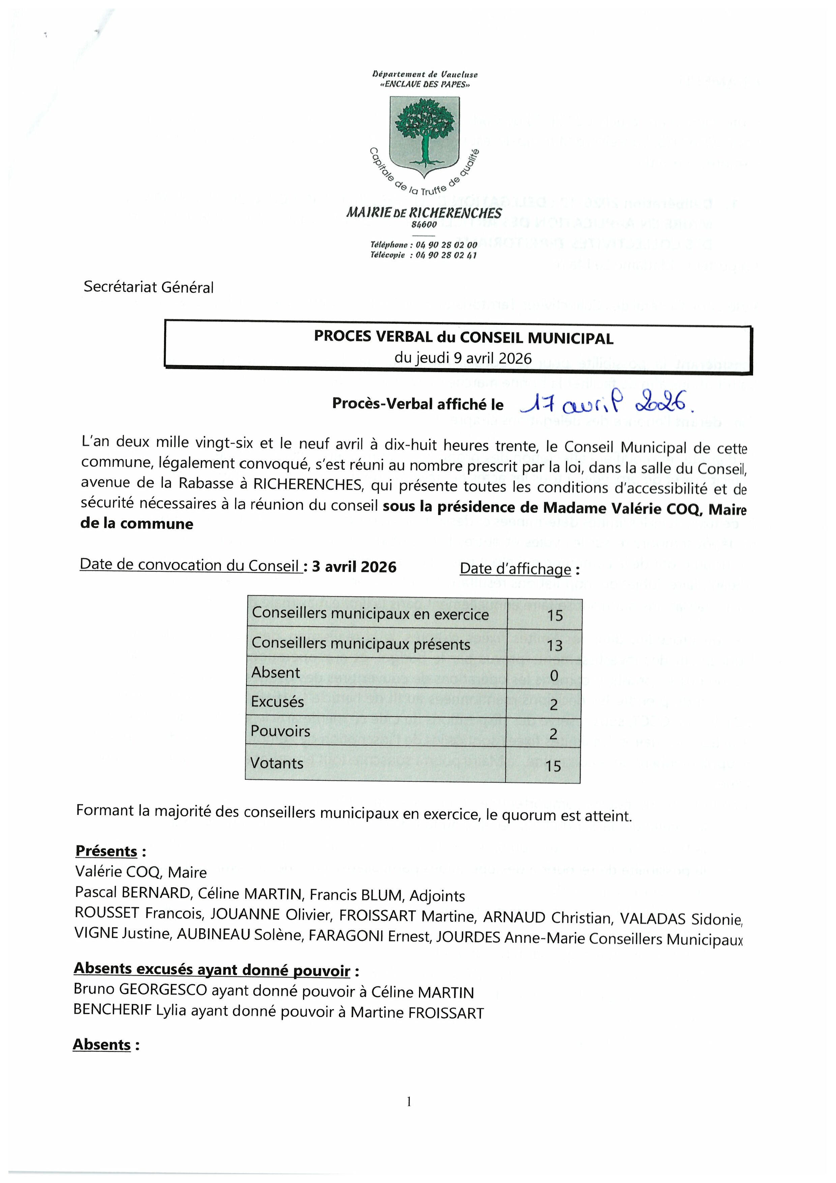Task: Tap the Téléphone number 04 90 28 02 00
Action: click(x=446, y=245)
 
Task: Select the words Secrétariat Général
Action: click(x=148, y=287)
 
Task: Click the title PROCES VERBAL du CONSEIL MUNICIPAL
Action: click(x=464, y=338)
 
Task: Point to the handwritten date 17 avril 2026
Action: click(x=607, y=404)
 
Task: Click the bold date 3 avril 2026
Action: click(x=354, y=567)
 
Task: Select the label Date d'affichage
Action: click(x=515, y=569)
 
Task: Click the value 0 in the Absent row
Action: click(x=554, y=675)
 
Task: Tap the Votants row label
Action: click(x=277, y=762)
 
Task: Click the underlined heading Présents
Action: click(x=106, y=851)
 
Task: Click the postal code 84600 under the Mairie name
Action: click(x=424, y=225)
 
